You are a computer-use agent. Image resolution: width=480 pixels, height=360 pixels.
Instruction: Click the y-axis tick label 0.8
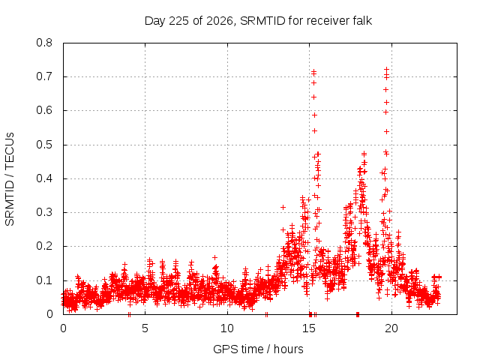[x=44, y=43]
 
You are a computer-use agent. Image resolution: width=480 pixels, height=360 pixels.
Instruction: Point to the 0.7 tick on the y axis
[x=44, y=76]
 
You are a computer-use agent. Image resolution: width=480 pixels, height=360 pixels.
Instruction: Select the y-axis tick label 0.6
[x=44, y=110]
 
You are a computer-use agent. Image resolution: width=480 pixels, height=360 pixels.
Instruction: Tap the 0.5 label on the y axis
[x=44, y=145]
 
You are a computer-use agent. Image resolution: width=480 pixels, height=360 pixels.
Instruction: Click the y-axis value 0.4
[x=44, y=178]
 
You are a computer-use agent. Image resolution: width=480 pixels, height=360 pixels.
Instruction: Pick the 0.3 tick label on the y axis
[x=44, y=212]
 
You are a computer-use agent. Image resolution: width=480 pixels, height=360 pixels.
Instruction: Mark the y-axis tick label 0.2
[x=44, y=246]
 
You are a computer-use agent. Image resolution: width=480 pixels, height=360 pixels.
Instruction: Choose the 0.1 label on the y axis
[x=44, y=280]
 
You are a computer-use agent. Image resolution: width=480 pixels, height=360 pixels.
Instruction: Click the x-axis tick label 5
[x=145, y=328]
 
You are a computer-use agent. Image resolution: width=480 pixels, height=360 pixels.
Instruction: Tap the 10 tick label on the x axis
[x=227, y=328]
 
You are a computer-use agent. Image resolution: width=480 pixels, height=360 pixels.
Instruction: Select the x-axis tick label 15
[x=309, y=328]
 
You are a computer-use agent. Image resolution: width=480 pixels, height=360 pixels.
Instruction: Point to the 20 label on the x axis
[x=391, y=328]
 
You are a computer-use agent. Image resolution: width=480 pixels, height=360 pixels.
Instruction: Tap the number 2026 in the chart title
[x=219, y=21]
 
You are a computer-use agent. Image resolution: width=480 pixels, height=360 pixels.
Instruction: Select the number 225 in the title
[x=178, y=21]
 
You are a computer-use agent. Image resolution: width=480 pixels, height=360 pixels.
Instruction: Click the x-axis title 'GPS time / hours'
[x=258, y=349]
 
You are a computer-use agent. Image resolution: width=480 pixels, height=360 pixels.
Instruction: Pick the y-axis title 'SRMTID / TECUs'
[x=10, y=179]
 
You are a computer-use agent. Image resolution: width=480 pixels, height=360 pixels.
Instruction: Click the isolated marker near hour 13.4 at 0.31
[x=283, y=208]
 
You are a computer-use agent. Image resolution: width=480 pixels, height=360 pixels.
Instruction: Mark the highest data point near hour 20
[x=387, y=69]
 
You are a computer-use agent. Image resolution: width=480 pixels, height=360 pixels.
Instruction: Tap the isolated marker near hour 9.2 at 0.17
[x=215, y=257]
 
